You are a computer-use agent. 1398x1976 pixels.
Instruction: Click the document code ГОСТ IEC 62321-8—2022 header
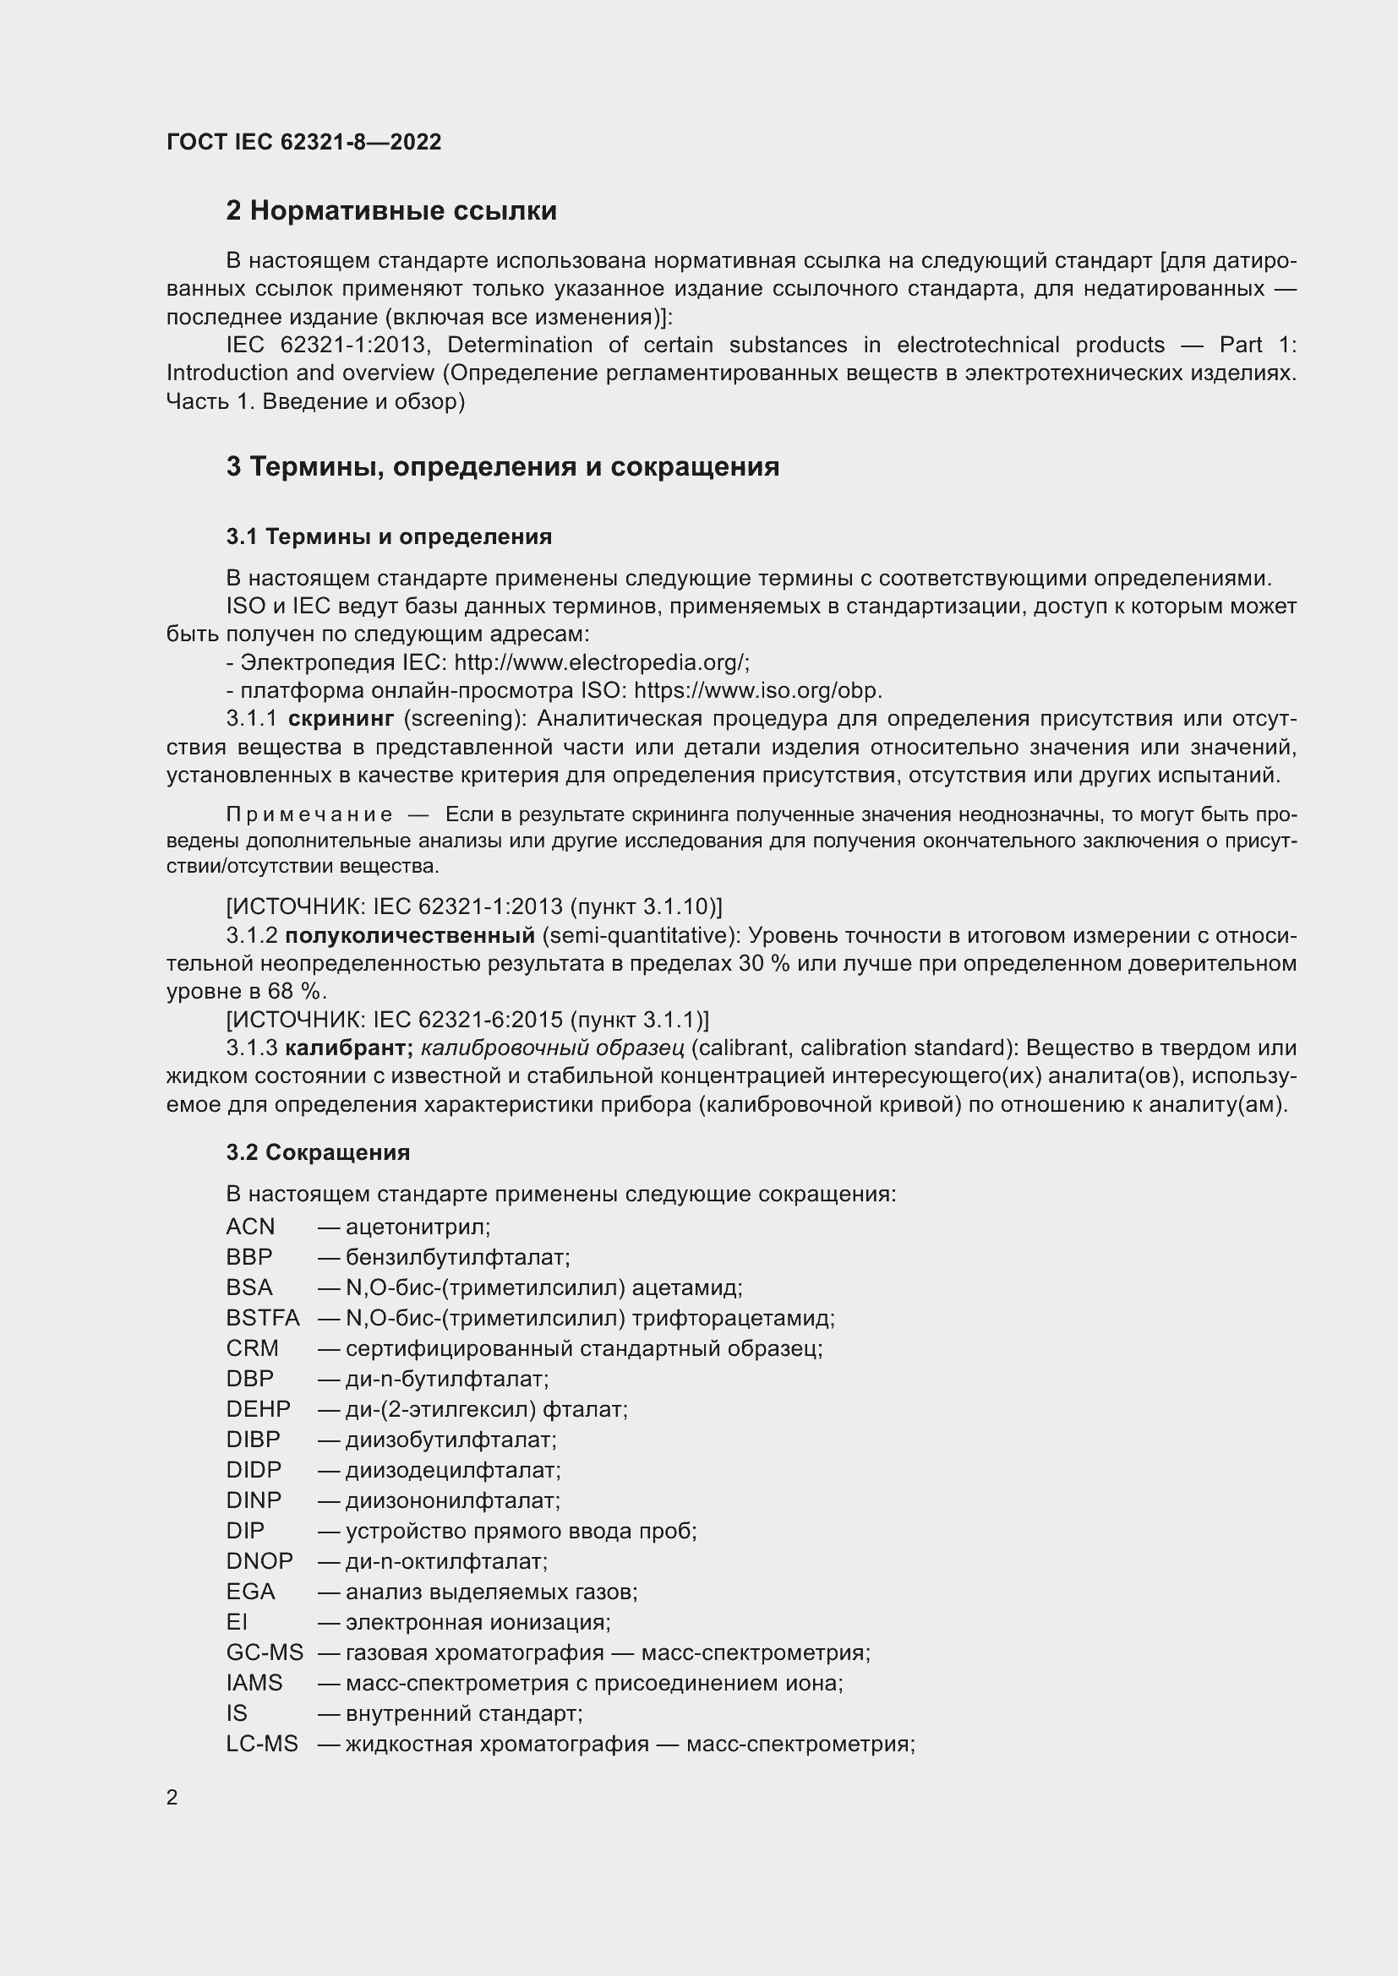(304, 143)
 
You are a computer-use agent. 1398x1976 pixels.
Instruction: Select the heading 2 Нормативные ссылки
(391, 211)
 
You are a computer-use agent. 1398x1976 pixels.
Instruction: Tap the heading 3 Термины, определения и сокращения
(503, 466)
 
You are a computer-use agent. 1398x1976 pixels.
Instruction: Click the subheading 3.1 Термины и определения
(389, 537)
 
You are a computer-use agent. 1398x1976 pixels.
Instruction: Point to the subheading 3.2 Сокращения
(318, 1152)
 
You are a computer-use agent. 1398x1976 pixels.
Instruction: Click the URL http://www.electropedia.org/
(600, 662)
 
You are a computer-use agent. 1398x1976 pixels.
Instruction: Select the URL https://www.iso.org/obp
(757, 691)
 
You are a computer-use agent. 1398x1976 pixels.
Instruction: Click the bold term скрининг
(341, 719)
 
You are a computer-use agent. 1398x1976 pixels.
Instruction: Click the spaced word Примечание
(309, 815)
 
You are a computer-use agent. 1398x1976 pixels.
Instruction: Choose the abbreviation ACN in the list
(250, 1227)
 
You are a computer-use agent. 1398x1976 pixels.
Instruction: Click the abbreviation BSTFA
(263, 1318)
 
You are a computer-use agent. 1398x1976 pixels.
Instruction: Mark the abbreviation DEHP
(259, 1409)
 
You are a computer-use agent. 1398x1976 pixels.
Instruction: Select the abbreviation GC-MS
(265, 1652)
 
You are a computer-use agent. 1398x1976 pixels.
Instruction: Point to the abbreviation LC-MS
(262, 1744)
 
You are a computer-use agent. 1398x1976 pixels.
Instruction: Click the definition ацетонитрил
(418, 1227)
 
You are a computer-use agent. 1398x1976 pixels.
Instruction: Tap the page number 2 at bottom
(172, 1798)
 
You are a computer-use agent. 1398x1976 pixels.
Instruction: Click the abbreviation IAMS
(254, 1683)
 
